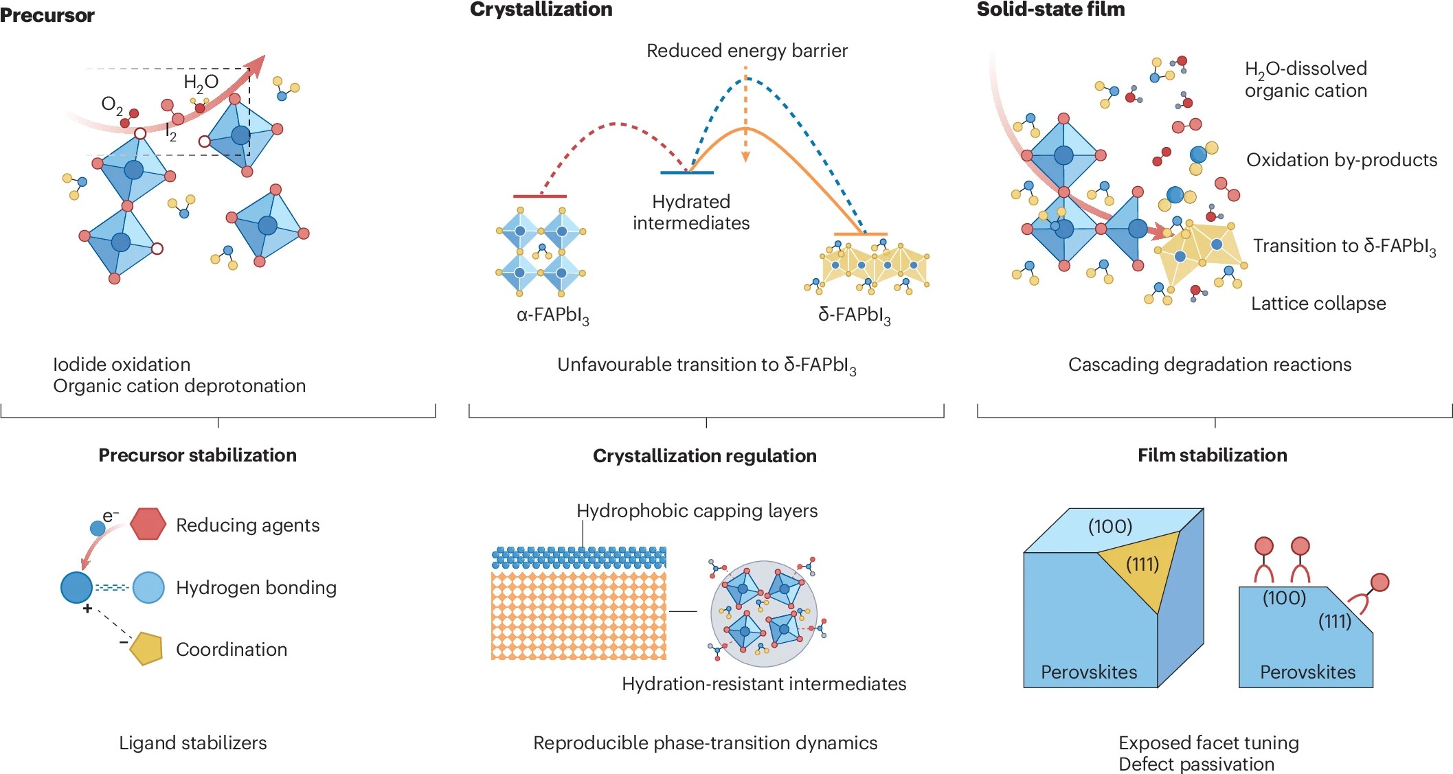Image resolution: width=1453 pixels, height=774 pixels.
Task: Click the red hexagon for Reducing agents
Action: coord(148,524)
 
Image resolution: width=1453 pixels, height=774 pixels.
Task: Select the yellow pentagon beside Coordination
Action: coord(146,648)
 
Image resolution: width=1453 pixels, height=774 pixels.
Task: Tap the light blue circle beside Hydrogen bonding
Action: coord(148,587)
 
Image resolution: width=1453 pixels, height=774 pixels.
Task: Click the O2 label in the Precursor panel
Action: coord(111,105)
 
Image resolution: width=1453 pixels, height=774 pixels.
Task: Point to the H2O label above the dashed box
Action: coord(201,83)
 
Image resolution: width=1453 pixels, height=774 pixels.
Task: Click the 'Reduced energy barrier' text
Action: coord(747,51)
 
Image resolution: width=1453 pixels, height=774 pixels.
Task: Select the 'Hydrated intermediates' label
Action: coord(691,212)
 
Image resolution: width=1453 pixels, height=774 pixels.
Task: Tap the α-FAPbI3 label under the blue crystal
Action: coord(552,315)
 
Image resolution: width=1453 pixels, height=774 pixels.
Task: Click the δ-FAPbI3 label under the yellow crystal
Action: coord(854,315)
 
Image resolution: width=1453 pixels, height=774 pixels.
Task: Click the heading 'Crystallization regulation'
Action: coord(704,456)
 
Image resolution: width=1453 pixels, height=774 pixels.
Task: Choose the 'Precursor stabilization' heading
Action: coord(197,455)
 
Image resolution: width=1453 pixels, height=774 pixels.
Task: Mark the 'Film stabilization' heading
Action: coord(1212,455)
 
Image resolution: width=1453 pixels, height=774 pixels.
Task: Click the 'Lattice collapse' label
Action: coord(1318,304)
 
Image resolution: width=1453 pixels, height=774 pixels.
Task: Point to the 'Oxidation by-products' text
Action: coord(1341,160)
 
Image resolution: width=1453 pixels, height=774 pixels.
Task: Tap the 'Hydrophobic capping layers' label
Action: coord(697,511)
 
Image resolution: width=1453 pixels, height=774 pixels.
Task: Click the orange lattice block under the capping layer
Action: coord(578,615)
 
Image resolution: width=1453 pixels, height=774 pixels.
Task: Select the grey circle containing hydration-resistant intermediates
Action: coord(764,613)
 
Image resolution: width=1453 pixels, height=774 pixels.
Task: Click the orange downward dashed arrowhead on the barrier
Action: coord(745,157)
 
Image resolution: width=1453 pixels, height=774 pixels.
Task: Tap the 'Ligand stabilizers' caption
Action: coord(192,743)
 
